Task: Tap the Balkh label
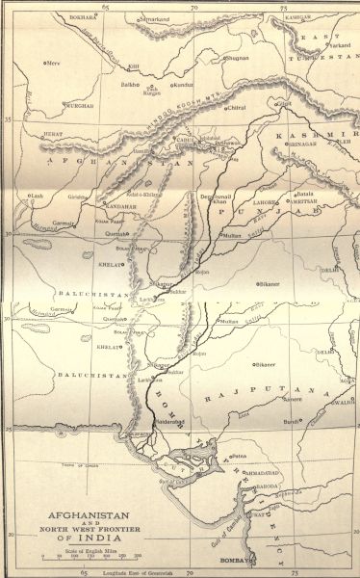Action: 100,85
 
